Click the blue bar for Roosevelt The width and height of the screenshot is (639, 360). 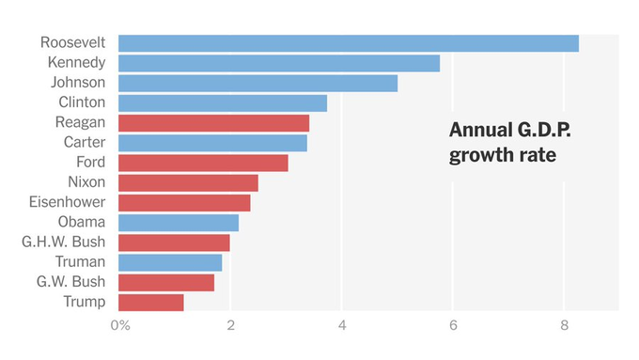tap(348, 43)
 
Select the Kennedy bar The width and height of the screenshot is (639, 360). tap(278, 63)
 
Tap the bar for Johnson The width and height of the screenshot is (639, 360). tap(257, 83)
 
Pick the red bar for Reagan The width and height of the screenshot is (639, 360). tap(213, 123)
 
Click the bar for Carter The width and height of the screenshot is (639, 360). tap(212, 143)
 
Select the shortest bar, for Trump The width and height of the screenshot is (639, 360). tap(150, 302)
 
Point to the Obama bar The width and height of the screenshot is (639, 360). tap(179, 223)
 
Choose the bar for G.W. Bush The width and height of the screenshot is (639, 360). tap(166, 282)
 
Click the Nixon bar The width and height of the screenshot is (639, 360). tap(188, 182)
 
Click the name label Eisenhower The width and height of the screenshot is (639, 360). tap(67, 202)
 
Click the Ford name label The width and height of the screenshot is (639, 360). tap(91, 163)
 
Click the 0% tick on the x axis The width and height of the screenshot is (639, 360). tap(119, 325)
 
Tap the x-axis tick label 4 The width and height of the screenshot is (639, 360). tap(341, 325)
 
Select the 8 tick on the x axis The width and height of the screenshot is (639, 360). tap(563, 325)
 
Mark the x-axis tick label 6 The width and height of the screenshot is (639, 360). tap(452, 325)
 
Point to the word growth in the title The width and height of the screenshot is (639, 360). tap(478, 154)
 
